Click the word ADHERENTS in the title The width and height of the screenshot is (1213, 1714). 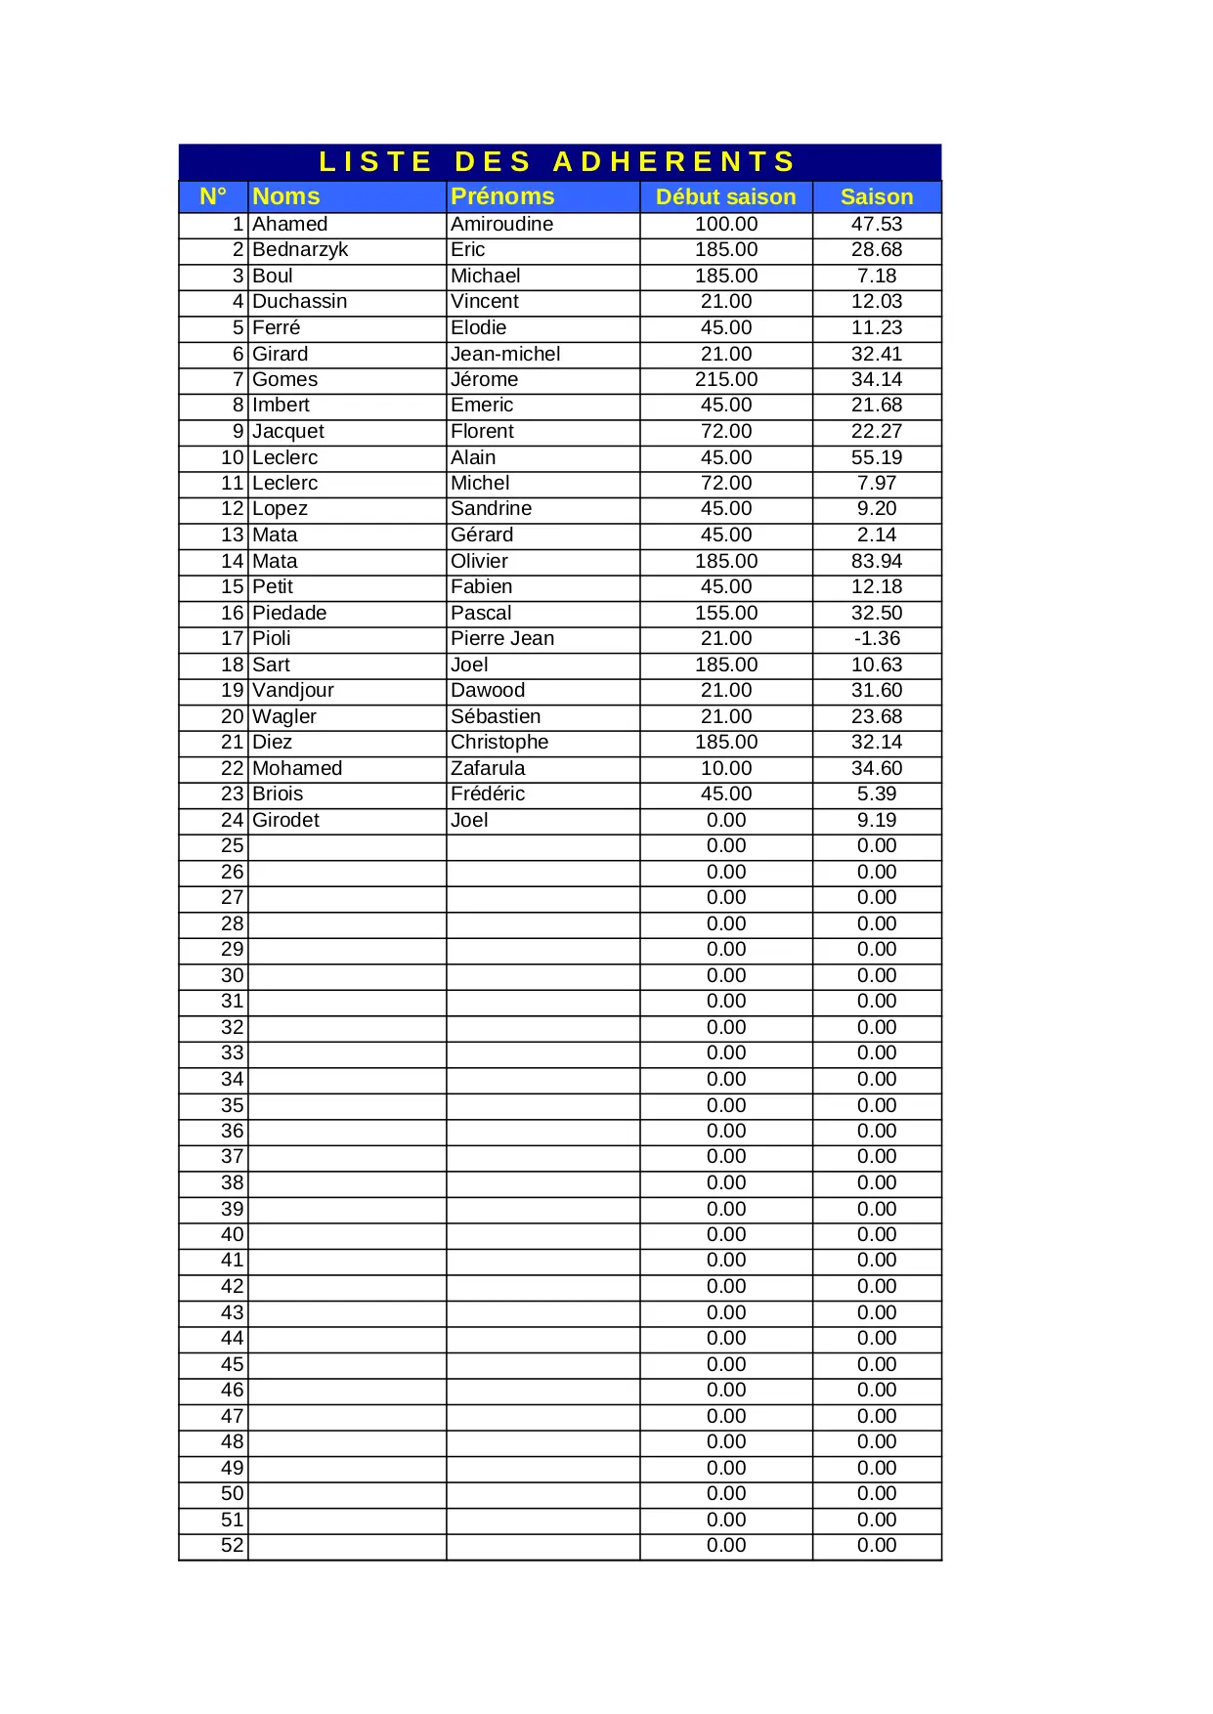tap(674, 161)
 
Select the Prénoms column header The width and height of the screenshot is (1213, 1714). tap(502, 196)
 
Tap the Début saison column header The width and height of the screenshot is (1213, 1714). tap(725, 196)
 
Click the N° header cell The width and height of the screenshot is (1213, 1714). tap(213, 196)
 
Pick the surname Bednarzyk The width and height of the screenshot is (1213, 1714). tap(300, 249)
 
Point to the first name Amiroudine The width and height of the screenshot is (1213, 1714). tap(501, 224)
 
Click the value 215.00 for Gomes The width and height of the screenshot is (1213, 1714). tap(725, 379)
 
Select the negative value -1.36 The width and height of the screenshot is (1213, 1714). tap(877, 638)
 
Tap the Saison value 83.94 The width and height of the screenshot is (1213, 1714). tap(877, 561)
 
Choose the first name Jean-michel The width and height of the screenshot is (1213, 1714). tap(505, 354)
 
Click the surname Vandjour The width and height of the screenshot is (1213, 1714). tap(293, 690)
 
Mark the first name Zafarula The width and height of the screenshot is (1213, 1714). tap(488, 768)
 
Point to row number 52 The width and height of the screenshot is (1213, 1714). tap(232, 1545)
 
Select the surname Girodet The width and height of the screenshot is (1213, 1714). tap(285, 820)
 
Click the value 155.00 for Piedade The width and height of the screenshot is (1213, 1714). tap(725, 613)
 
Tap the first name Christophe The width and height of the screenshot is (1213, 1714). tap(499, 742)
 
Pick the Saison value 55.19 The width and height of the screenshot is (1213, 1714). tap(877, 457)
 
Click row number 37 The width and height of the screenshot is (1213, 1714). tap(232, 1156)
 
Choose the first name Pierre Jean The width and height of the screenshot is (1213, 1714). tap(502, 638)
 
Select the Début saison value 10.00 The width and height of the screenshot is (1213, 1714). tap(725, 768)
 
